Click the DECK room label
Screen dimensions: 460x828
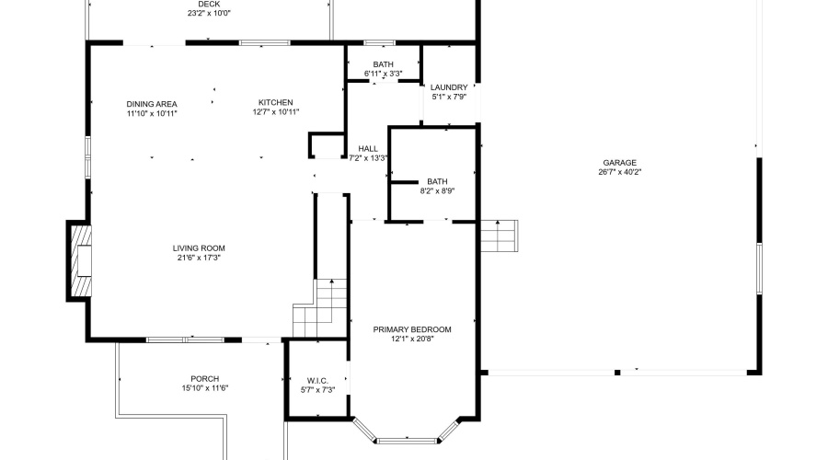pos(209,4)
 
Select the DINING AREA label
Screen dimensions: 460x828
pos(152,103)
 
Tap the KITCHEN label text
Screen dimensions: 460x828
pos(275,102)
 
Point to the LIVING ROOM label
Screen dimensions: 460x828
pos(199,247)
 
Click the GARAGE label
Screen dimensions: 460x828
pos(619,162)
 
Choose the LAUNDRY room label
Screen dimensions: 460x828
pos(449,87)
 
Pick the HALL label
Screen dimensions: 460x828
pos(368,148)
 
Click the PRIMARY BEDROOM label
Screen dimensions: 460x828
pos(411,329)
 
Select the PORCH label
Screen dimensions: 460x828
pos(204,379)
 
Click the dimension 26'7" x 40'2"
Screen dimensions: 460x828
pos(619,172)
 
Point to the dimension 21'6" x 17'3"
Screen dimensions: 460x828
pos(199,258)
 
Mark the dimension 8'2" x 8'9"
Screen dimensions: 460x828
pos(436,191)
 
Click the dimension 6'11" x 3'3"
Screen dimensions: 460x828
pos(383,74)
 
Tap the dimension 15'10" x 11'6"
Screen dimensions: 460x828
pos(204,389)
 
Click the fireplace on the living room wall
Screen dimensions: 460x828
pos(79,260)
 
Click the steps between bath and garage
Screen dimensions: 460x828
pos(498,236)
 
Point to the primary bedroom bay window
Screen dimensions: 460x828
pos(406,432)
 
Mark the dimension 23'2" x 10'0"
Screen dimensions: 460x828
pos(209,14)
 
